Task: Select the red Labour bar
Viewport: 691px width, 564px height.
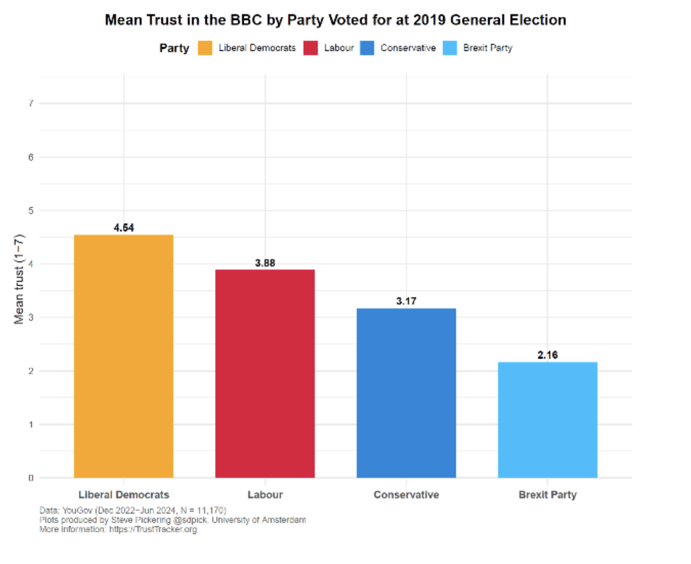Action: (x=265, y=373)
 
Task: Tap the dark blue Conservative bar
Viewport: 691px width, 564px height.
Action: (x=406, y=393)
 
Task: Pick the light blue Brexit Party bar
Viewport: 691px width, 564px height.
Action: (x=547, y=419)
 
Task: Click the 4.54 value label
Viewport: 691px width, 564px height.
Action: (x=123, y=228)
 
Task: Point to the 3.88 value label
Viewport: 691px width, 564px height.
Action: (x=265, y=263)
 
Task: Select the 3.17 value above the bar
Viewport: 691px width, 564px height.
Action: (x=406, y=301)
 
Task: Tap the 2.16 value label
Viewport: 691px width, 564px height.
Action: (x=547, y=355)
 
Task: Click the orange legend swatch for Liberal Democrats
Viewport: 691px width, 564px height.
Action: (x=205, y=48)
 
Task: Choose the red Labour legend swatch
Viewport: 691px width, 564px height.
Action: (x=310, y=48)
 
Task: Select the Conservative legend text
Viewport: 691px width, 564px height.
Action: (x=408, y=48)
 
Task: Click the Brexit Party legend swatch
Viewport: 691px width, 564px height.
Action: (x=450, y=48)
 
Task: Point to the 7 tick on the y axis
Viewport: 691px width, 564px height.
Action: (x=31, y=103)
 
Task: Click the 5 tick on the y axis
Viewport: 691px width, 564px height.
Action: (x=31, y=210)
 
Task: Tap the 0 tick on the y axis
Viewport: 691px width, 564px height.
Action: (x=31, y=478)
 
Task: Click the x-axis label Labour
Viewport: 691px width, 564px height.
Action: (x=265, y=494)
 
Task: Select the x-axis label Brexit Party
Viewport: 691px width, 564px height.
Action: (x=547, y=494)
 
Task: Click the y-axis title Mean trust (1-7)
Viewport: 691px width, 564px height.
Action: (x=19, y=279)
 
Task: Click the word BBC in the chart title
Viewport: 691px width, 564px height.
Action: (x=246, y=20)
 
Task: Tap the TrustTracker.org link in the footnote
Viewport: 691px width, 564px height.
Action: (x=153, y=529)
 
